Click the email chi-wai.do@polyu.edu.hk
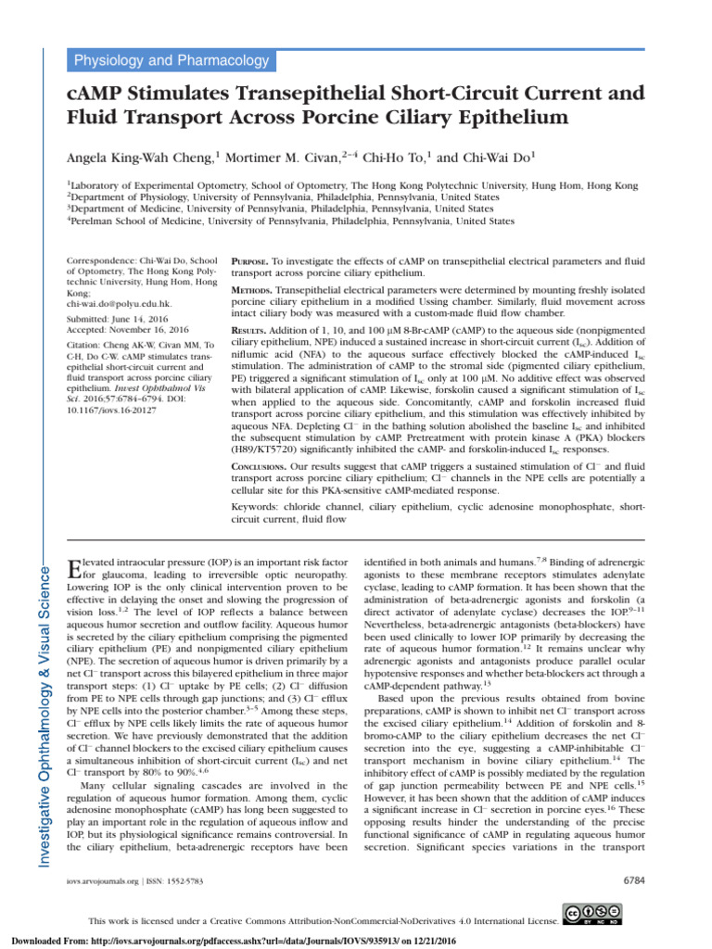coord(121,303)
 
